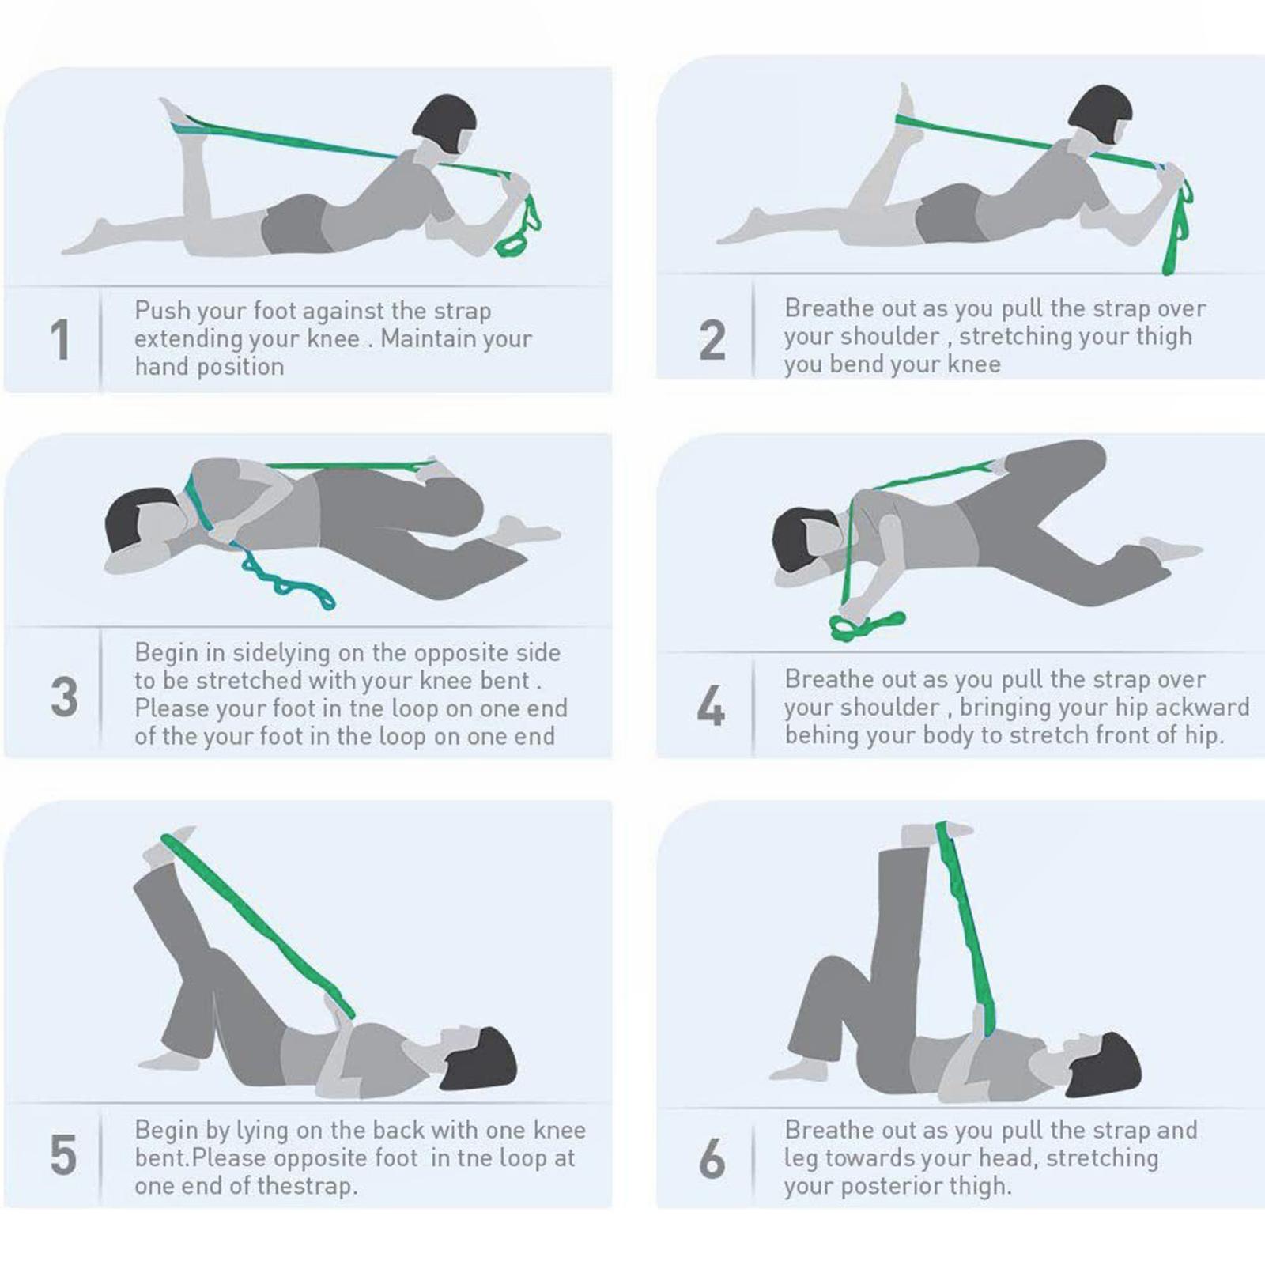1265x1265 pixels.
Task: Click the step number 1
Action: coord(60,340)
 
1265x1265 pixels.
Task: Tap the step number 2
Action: coord(712,340)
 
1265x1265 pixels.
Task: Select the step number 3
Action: coord(64,697)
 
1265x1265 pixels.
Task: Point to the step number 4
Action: coord(711,706)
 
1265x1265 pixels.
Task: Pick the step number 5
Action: coord(63,1155)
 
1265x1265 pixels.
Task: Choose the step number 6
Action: coord(712,1159)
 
